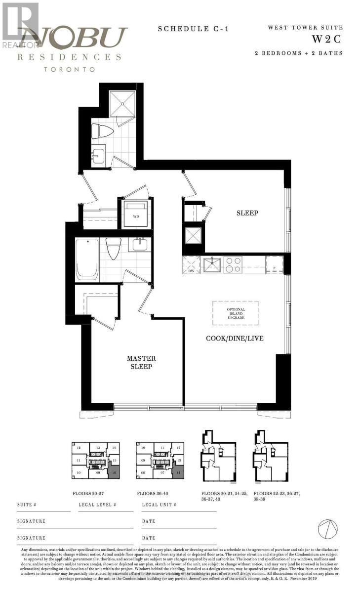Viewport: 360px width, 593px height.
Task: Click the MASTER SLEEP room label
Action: point(141,362)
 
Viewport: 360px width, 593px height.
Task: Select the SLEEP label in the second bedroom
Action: point(247,213)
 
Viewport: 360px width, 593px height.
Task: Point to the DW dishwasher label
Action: point(191,271)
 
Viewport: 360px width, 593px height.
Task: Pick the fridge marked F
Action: point(274,265)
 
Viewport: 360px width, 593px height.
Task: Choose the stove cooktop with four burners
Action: point(233,264)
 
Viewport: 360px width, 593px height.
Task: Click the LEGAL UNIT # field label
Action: point(159,505)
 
